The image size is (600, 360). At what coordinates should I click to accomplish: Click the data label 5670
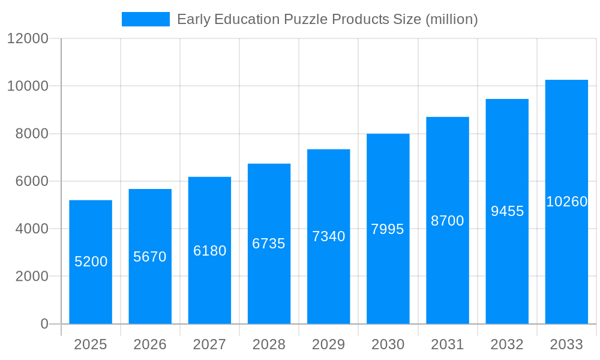coord(150,257)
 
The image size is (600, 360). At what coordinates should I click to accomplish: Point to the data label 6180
coord(209,251)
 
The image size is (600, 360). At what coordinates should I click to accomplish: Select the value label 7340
coord(328,236)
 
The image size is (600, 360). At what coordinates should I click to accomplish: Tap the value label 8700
coord(448,221)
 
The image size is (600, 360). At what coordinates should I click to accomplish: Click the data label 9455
coord(507,211)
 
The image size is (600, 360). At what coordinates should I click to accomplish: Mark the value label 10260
coord(566,202)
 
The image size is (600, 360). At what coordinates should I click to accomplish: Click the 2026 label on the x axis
coord(150,344)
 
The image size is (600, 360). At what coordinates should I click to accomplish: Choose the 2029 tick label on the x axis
coord(328,344)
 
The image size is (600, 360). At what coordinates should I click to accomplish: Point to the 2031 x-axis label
coord(448,344)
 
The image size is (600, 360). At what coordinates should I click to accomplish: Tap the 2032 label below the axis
coord(507,344)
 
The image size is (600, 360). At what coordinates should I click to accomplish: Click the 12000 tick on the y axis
coord(28,38)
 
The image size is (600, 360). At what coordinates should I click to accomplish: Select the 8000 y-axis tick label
coord(32,134)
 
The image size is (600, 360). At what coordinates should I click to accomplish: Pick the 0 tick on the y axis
coord(44,324)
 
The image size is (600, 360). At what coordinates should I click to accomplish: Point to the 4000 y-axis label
coord(32,229)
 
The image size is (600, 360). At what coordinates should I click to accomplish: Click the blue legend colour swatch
coord(146,19)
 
